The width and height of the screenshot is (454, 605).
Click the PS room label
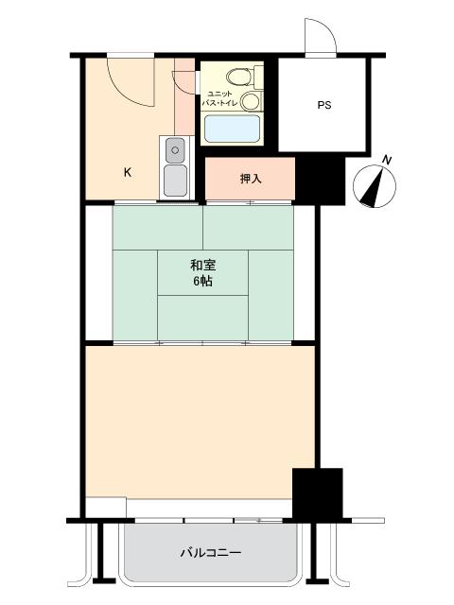(x=324, y=105)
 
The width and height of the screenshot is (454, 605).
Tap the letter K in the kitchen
(x=128, y=172)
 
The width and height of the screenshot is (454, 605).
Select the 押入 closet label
(x=251, y=179)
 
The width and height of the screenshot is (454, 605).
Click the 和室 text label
(x=202, y=266)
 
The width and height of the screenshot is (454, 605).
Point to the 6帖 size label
(x=202, y=282)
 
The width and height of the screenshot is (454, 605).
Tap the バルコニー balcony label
(x=211, y=553)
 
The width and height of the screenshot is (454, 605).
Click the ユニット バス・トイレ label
(x=219, y=98)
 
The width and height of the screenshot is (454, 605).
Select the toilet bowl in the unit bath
(x=239, y=78)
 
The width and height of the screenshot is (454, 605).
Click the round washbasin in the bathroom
(x=250, y=101)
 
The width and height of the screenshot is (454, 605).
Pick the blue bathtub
(x=232, y=129)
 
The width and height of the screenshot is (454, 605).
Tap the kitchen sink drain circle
(x=175, y=150)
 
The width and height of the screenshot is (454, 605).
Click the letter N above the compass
(x=387, y=160)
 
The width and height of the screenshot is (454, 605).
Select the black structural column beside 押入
(x=320, y=181)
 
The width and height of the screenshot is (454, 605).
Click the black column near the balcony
(x=318, y=493)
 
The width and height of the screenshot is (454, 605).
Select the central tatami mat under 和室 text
(x=202, y=273)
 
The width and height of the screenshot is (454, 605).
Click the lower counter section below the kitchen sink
(x=175, y=181)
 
